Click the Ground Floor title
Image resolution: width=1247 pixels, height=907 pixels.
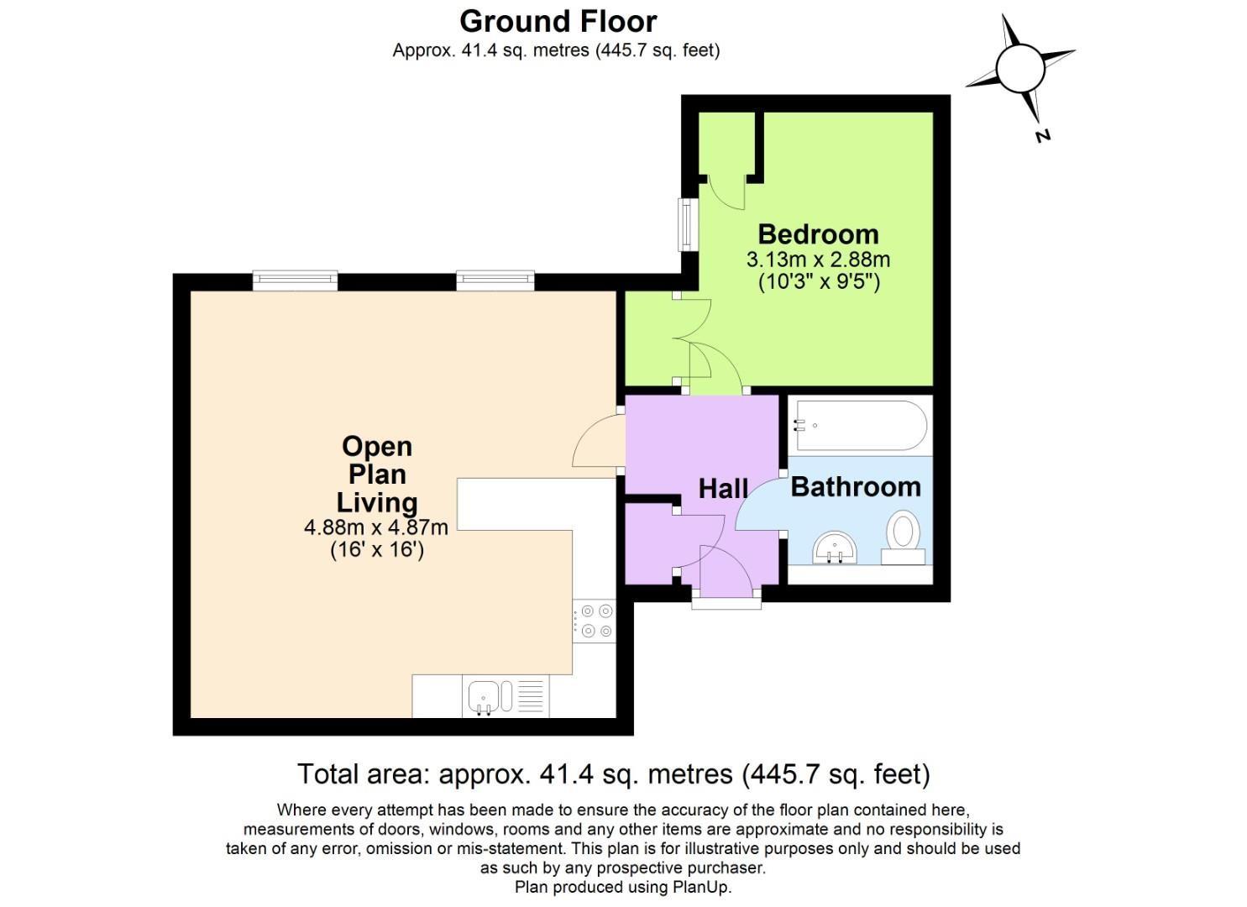point(558,21)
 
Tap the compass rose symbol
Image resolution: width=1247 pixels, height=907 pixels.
point(1020,67)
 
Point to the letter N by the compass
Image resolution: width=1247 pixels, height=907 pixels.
point(1043,134)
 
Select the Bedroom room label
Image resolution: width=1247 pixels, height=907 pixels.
point(818,234)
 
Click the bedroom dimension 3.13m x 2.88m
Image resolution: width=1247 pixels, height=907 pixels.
point(818,260)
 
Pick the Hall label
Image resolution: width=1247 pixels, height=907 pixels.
point(723,489)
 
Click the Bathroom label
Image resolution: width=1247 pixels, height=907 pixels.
point(855,487)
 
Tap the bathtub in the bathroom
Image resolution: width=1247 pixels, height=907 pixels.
point(861,426)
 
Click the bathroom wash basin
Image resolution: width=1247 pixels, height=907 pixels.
point(835,548)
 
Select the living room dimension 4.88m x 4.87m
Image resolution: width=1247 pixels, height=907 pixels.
point(375,528)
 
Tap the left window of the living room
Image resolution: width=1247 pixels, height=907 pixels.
point(295,280)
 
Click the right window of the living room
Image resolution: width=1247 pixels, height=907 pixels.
point(495,280)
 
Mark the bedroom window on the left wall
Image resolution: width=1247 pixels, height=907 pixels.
point(689,224)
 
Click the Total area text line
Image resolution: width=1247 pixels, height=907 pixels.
point(614,773)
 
